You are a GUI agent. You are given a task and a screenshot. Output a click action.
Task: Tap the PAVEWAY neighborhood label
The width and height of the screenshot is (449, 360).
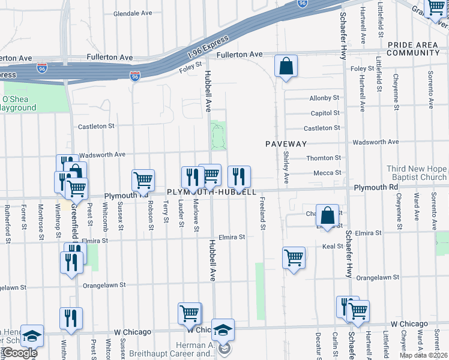(286, 144)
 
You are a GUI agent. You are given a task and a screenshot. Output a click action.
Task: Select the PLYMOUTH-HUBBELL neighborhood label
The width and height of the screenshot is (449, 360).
(211, 192)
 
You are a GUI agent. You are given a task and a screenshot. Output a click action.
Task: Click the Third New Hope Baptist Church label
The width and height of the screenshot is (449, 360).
(417, 173)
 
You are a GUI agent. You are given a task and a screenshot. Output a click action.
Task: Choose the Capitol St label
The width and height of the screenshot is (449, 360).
(325, 113)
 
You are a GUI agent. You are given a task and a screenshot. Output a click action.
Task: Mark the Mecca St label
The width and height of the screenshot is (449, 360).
(327, 173)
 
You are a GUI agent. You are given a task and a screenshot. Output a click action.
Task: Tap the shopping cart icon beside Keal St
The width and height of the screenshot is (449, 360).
(294, 258)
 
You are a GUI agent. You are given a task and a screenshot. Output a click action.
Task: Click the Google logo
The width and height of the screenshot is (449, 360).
(19, 353)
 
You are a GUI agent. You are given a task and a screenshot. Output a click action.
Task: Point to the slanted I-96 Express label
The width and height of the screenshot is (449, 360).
(208, 47)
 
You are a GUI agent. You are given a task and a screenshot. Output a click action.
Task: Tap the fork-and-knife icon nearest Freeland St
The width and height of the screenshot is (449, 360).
(239, 176)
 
